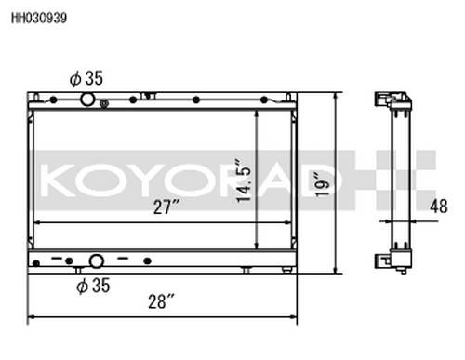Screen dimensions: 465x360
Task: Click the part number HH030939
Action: tap(39, 18)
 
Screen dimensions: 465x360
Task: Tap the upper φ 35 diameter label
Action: tap(86, 78)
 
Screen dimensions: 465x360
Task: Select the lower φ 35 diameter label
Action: tap(93, 286)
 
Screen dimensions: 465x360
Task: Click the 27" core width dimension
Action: tap(166, 207)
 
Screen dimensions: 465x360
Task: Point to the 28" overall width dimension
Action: tap(161, 301)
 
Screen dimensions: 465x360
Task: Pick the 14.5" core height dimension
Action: tap(244, 181)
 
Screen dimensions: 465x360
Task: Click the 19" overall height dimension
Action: tap(323, 184)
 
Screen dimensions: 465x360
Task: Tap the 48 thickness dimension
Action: tap(439, 206)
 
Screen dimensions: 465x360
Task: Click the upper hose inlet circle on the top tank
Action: tap(87, 100)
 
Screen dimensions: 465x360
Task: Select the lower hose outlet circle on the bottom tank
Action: tap(97, 261)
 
